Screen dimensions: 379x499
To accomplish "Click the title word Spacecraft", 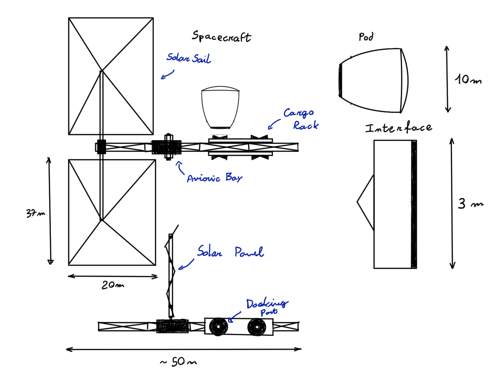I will (x=221, y=36).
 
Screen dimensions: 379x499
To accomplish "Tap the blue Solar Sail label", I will (x=189, y=58).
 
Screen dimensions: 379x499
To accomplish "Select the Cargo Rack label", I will (x=301, y=119).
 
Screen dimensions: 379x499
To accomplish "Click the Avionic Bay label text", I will (x=214, y=178).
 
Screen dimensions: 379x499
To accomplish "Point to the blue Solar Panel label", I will (x=230, y=252).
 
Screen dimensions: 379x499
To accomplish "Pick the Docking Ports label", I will (x=267, y=306).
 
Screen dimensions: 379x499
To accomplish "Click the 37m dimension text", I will (x=35, y=213).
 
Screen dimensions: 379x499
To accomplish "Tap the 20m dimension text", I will (x=112, y=285).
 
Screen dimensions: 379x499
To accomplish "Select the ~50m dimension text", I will (x=179, y=362).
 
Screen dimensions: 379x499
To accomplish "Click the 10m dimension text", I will (x=468, y=79).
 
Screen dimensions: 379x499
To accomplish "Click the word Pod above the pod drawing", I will (x=366, y=37).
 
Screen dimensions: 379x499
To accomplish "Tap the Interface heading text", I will (x=399, y=128).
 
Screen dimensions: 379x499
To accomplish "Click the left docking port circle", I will (x=218, y=327).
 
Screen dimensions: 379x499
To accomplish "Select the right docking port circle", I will (x=257, y=327).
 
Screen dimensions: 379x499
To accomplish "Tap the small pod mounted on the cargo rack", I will (x=220, y=108).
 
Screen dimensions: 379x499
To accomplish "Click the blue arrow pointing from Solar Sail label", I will (x=167, y=75).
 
